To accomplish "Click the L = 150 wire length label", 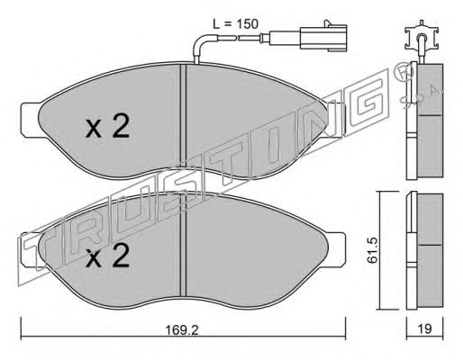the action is click(x=235, y=24).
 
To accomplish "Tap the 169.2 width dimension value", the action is click(x=182, y=330).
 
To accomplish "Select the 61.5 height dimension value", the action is click(x=372, y=249).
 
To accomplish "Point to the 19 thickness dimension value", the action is click(x=425, y=329).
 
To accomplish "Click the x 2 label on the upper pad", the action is click(x=107, y=127).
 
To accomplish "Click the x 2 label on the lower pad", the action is click(x=107, y=256).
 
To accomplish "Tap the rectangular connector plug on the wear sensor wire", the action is click(x=323, y=39).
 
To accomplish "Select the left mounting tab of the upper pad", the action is click(x=30, y=120).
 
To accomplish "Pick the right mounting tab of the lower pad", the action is click(x=336, y=249).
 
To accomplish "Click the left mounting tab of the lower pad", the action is click(x=30, y=249).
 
